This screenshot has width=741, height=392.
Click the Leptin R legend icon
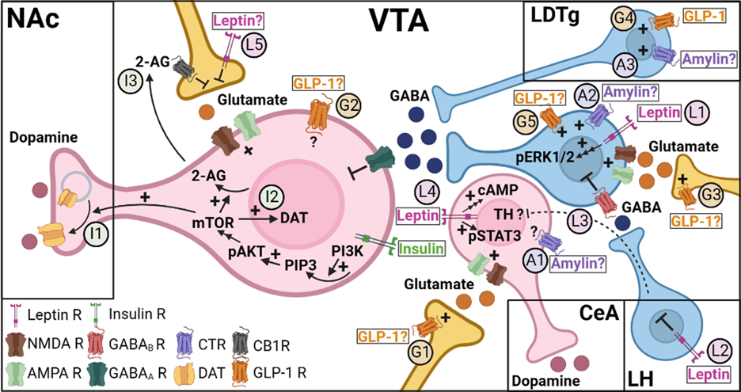[x=17, y=314]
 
